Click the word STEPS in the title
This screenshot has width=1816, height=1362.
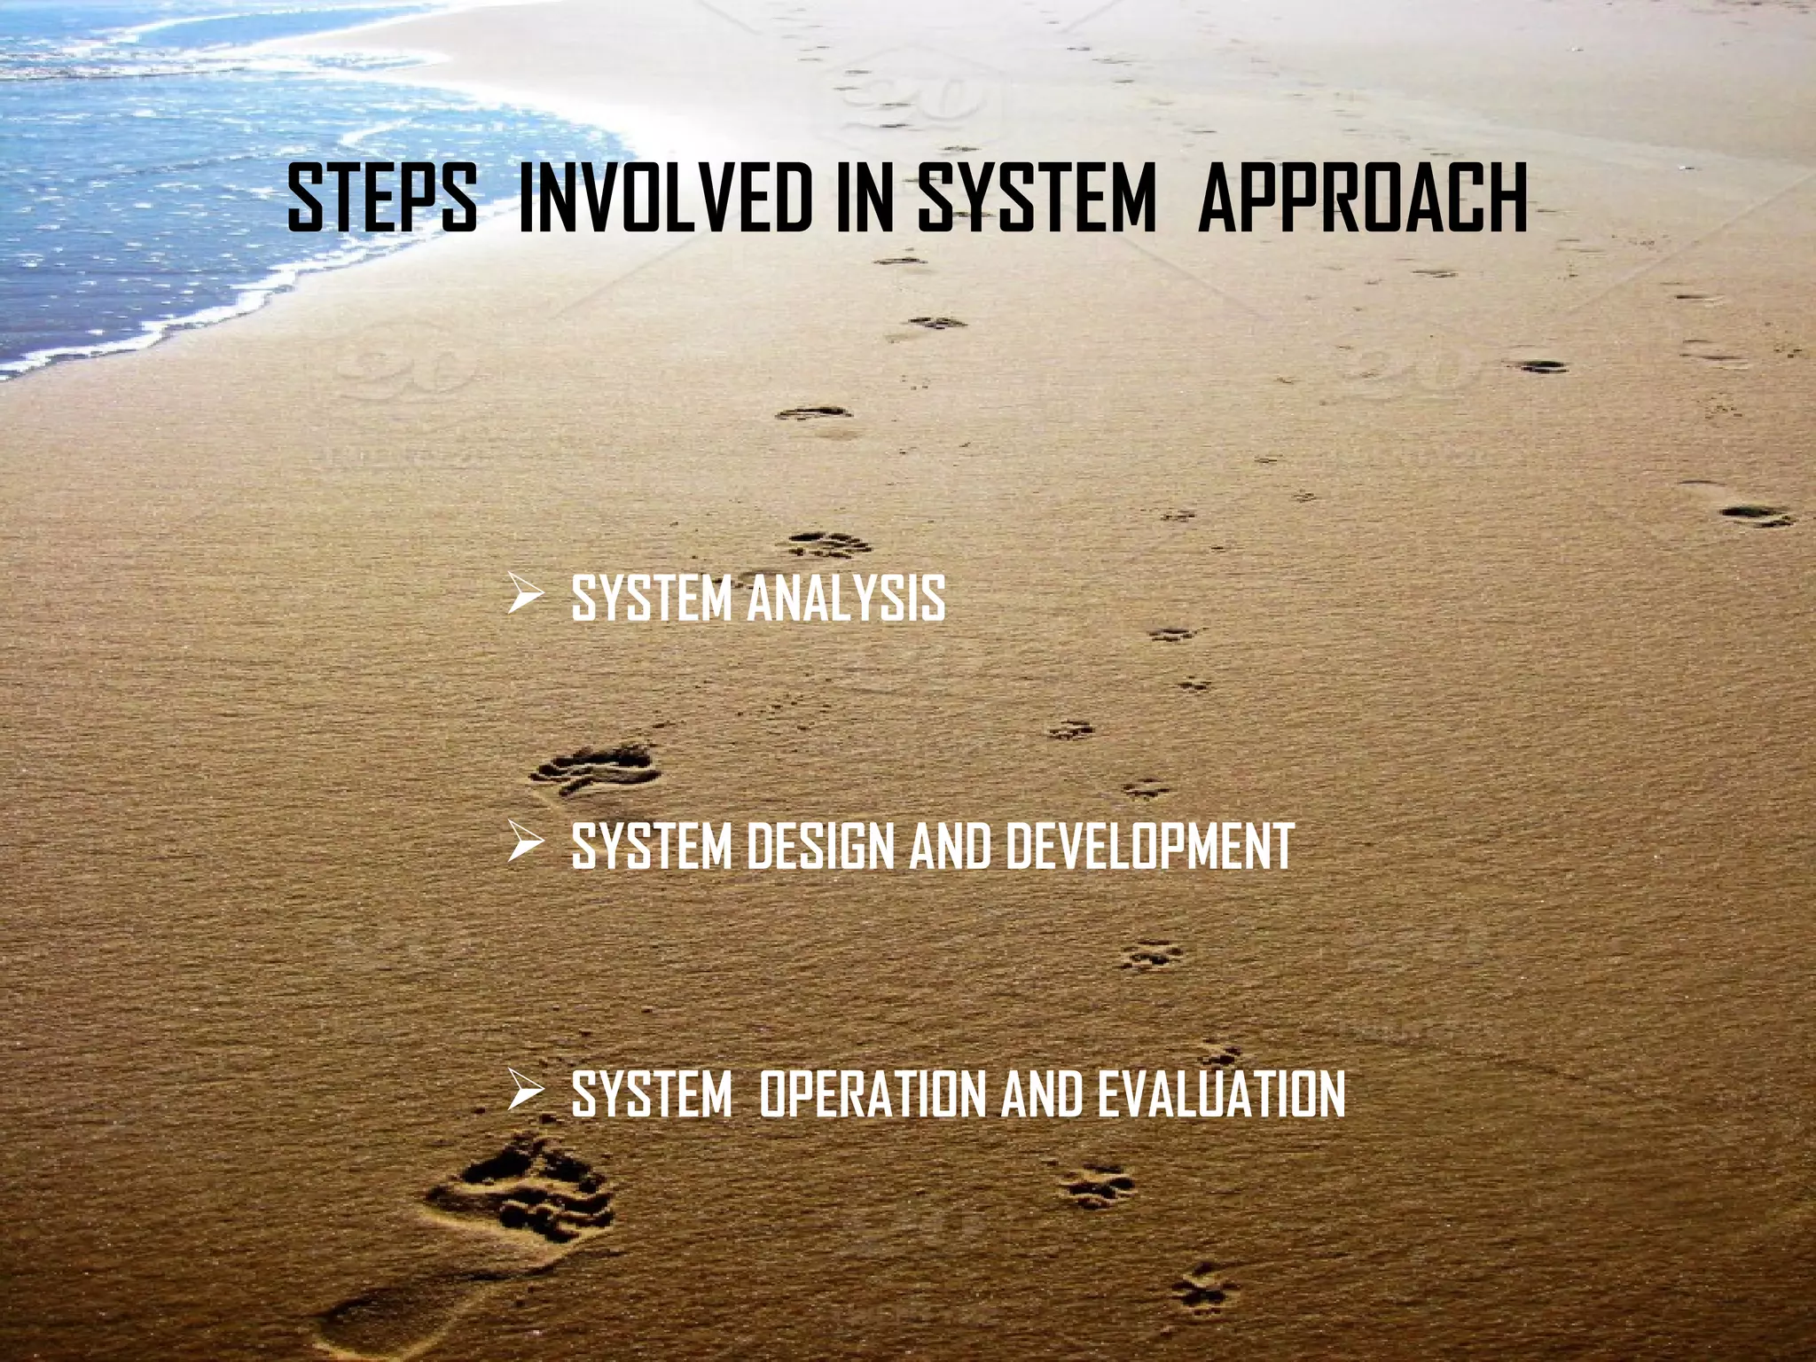[x=382, y=200]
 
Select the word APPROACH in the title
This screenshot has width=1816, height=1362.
[x=1363, y=200]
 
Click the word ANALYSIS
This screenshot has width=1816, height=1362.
[x=846, y=598]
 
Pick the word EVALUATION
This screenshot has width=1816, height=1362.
[x=1221, y=1094]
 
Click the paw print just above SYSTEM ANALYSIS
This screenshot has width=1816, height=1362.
[x=828, y=543]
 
